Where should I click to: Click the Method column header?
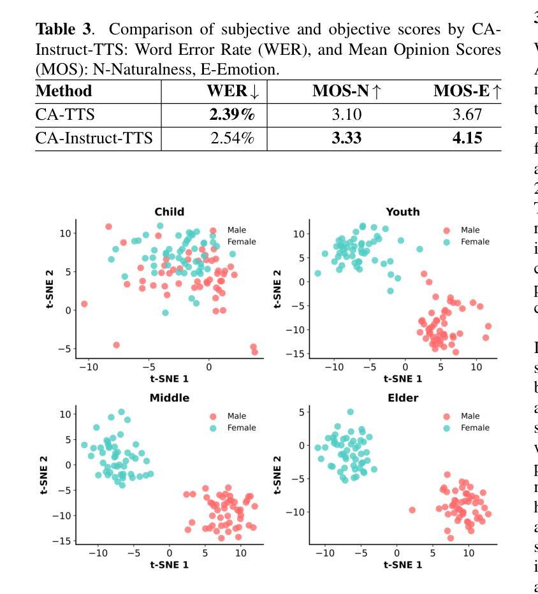pos(64,91)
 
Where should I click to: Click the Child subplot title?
pos(170,212)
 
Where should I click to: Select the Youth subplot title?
pos(403,212)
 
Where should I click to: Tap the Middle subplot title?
pos(169,398)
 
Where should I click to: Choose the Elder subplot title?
pos(402,398)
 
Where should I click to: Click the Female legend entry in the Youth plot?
pos(475,242)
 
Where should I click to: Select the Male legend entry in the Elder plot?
pos(470,416)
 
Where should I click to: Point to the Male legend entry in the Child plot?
pos(236,230)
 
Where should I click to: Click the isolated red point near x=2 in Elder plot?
pos(412,510)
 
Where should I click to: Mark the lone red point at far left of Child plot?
pos(84,304)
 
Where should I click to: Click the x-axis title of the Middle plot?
pos(169,565)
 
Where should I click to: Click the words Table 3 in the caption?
pos(58,29)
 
